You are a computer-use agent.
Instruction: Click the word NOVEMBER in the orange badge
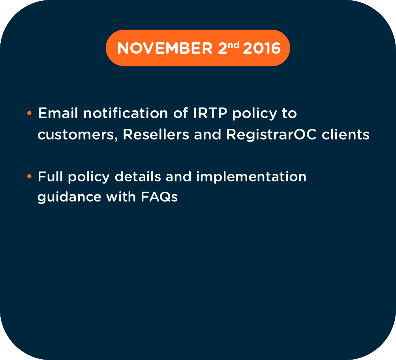pyautogui.click(x=165, y=48)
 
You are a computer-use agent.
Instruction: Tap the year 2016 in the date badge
pyautogui.click(x=262, y=48)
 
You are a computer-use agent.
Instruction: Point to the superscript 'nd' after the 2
pyautogui.click(x=233, y=45)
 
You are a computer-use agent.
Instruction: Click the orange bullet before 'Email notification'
pyautogui.click(x=29, y=113)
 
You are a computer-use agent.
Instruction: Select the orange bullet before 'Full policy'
pyautogui.click(x=29, y=176)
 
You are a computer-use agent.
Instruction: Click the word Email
pyautogui.click(x=58, y=113)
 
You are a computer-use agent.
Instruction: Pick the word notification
pyautogui.click(x=126, y=113)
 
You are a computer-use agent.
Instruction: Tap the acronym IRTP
pyautogui.click(x=210, y=113)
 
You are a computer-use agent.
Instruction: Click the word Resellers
pyautogui.click(x=156, y=134)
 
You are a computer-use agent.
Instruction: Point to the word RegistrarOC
pyautogui.click(x=271, y=134)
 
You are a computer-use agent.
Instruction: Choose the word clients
pyautogui.click(x=345, y=134)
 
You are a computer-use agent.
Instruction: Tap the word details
pyautogui.click(x=138, y=177)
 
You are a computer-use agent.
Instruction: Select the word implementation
pyautogui.click(x=251, y=177)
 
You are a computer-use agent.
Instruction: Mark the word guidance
pyautogui.click(x=69, y=197)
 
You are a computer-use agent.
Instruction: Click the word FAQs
pyautogui.click(x=160, y=197)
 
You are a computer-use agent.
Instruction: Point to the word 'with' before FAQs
pyautogui.click(x=121, y=197)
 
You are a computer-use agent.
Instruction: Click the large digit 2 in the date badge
pyautogui.click(x=223, y=48)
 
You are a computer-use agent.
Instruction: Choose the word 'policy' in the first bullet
pyautogui.click(x=255, y=113)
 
